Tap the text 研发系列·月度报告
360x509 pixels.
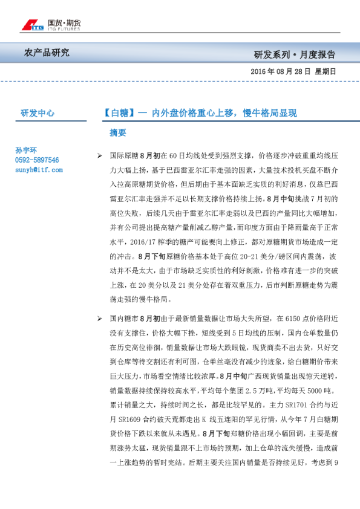[295, 54]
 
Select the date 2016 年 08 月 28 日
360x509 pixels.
[281, 71]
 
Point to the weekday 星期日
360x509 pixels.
[326, 71]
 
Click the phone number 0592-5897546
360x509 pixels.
[37, 160]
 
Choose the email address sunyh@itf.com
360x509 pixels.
[39, 170]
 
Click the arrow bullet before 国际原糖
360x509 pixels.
[99, 156]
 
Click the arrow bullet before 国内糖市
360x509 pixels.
[99, 318]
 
